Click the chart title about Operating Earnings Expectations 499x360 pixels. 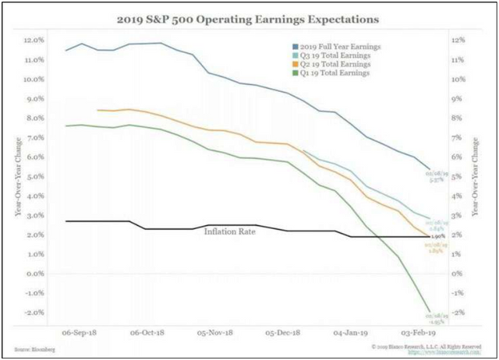tap(249, 16)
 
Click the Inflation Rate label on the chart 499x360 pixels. tap(232, 231)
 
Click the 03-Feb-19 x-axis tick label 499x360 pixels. tap(418, 331)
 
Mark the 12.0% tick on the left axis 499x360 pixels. tap(33, 40)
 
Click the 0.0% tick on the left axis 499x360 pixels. tap(34, 274)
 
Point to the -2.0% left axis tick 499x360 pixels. tap(33, 312)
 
